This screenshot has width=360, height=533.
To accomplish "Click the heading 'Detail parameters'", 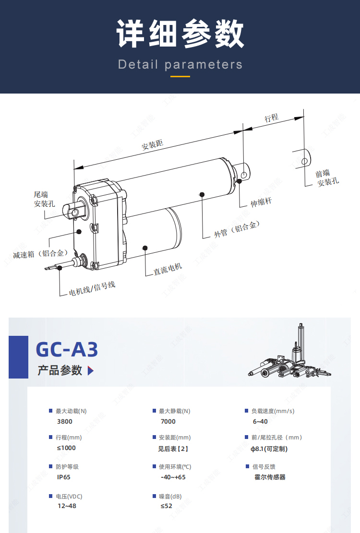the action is tap(180, 65).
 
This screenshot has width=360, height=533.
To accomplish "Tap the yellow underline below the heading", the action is tap(180, 76).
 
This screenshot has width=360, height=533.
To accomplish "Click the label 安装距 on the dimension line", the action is tap(152, 145).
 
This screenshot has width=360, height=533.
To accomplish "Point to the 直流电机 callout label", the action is tap(168, 269).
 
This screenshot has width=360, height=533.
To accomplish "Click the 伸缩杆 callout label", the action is tap(261, 202).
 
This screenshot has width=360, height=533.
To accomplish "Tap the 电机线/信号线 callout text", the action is tap(92, 289).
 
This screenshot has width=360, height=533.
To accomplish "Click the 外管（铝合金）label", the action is tap(237, 229).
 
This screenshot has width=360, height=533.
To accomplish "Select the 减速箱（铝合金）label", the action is tap(41, 254).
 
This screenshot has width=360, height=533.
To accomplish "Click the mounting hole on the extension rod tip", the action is tap(244, 175).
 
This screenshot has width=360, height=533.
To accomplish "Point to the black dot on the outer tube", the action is tap(202, 194).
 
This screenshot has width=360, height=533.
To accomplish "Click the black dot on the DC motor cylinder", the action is tap(145, 248).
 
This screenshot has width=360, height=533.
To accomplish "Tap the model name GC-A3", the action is tap(67, 349).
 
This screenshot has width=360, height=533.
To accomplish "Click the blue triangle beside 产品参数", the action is tap(90, 370).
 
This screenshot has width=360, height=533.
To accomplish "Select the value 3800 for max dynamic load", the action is tap(65, 422).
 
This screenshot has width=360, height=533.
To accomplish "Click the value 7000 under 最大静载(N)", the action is tap(168, 422).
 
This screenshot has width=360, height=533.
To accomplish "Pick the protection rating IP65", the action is tap(63, 477).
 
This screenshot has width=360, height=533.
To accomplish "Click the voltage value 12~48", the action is tap(67, 506).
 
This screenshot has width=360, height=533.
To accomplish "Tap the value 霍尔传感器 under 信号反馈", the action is tap(270, 477).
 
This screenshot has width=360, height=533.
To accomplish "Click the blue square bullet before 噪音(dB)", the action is tap(155, 496).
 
